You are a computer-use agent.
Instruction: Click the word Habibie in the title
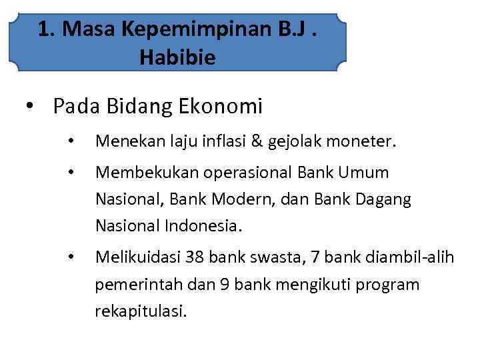click(178, 58)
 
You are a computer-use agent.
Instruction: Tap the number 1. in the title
click(46, 29)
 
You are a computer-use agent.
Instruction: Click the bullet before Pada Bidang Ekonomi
click(29, 106)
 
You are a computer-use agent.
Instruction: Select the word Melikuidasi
click(135, 257)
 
